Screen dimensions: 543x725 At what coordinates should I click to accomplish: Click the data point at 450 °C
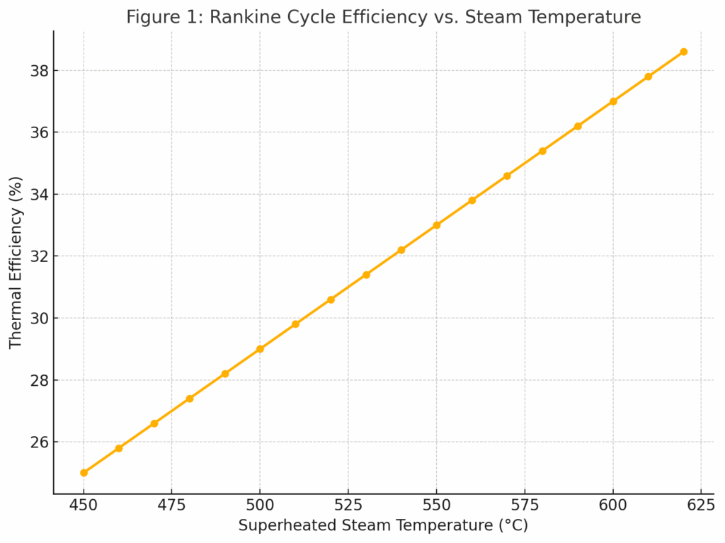point(84,472)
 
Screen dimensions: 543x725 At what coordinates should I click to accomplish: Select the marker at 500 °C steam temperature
point(260,349)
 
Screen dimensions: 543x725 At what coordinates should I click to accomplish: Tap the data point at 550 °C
point(436,225)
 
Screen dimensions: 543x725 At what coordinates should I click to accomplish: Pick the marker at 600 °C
point(613,101)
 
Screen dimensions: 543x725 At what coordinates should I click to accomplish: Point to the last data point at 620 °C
point(683,52)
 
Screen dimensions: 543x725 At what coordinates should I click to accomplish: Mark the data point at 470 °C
point(154,423)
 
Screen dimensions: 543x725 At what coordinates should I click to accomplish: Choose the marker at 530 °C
point(366,275)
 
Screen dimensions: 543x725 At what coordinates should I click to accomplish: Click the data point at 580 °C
point(542,151)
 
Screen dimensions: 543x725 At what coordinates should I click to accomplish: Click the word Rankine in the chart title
point(238,17)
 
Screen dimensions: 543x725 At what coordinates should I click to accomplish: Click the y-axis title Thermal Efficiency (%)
point(16,262)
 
